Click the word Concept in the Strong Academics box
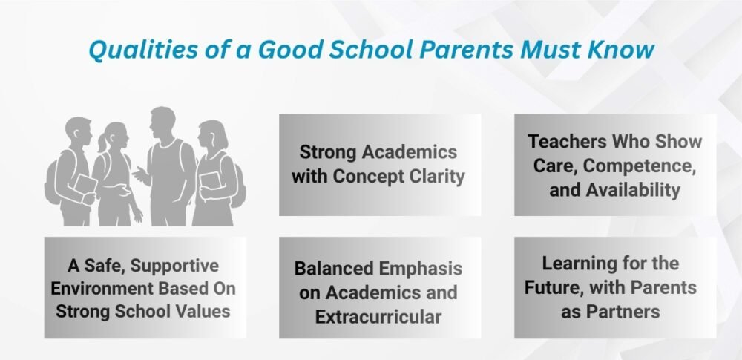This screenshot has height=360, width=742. click(369, 176)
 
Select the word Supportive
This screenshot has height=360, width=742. click(174, 266)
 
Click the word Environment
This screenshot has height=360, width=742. click(102, 288)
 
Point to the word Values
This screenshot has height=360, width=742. click(203, 311)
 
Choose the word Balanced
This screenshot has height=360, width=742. click(334, 268)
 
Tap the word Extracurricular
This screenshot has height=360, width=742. click(378, 316)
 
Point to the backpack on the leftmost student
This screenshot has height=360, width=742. click(53, 179)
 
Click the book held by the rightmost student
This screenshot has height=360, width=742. click(210, 181)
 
